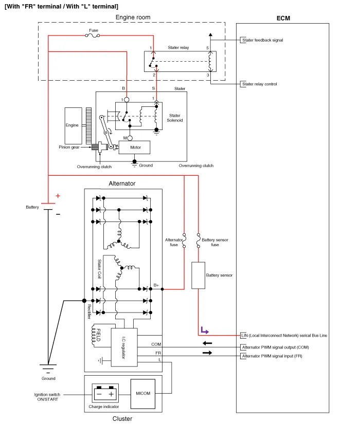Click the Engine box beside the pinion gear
coord(73,125)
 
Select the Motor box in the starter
coord(134,147)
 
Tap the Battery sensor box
coord(199,275)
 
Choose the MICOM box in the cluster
coord(143,394)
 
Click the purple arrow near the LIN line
coord(204,330)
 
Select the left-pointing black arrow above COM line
coord(207,343)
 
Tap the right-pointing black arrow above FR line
coord(207,353)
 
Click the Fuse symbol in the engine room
coord(93,35)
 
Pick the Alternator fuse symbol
coord(184,238)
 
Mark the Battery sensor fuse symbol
coord(198,238)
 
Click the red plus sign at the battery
coord(58,196)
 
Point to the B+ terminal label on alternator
coord(156,284)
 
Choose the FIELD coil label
coord(98,335)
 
